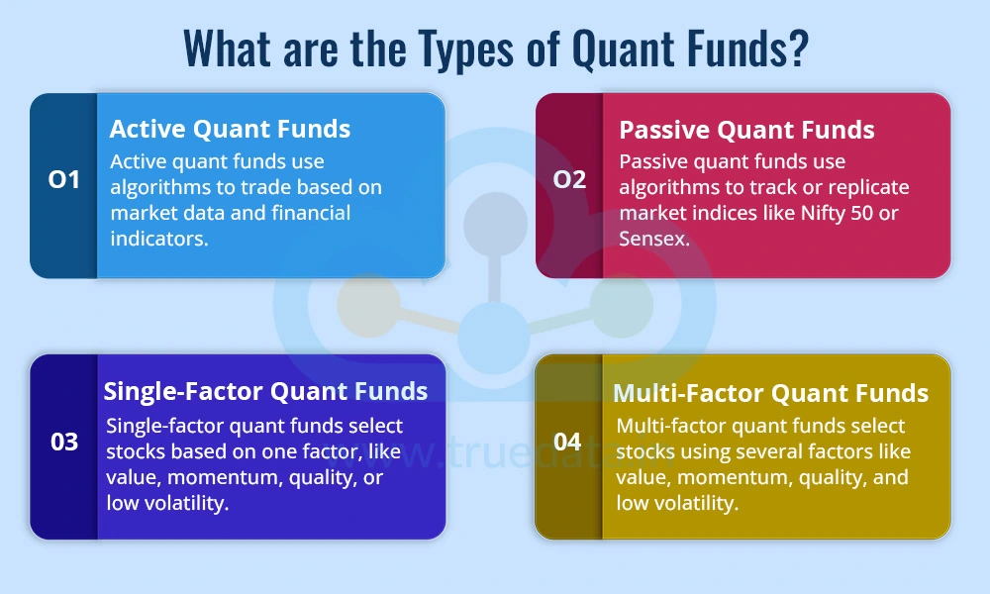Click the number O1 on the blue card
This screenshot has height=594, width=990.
pos(64,180)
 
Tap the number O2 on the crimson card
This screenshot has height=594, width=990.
pos(569,180)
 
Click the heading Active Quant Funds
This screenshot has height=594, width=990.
pos(230,129)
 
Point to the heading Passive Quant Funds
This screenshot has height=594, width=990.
pos(746,130)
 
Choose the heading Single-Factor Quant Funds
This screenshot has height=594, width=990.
pos(266,391)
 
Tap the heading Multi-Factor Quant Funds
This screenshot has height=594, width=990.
pos(770,393)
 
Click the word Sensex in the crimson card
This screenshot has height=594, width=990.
pos(654,239)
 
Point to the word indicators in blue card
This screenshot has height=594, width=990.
pos(159,239)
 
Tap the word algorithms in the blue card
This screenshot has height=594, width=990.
pos(161,187)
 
